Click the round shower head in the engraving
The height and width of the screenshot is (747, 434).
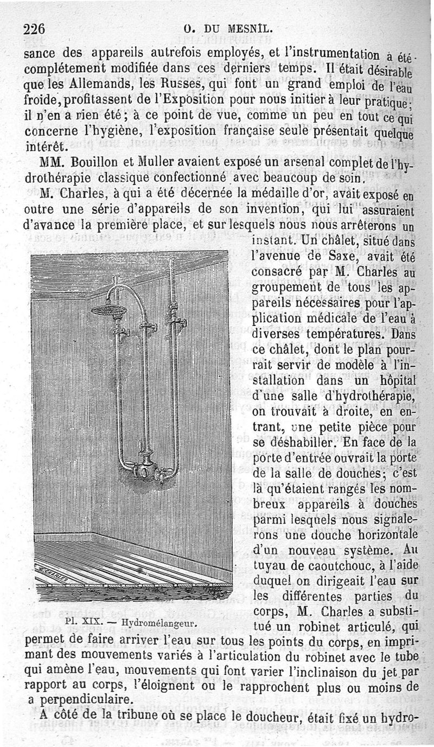click(108, 310)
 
